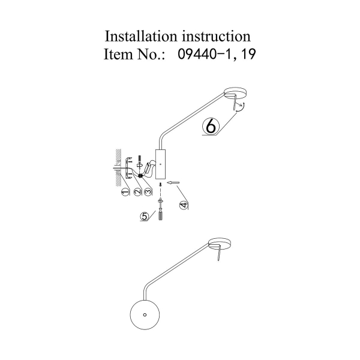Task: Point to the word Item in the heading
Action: point(119,55)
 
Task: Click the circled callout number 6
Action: point(211,126)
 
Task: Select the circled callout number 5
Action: point(144,217)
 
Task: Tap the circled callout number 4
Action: point(184,205)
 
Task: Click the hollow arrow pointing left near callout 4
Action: point(174,182)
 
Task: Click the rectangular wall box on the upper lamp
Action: point(161,164)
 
